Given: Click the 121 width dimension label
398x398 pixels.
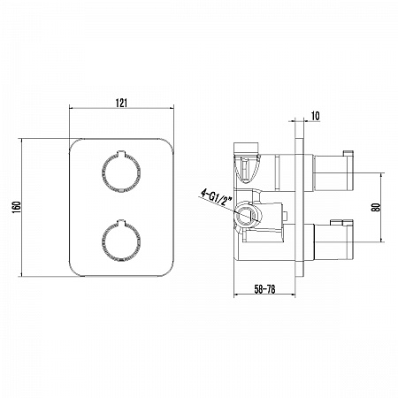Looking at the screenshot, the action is point(121,103).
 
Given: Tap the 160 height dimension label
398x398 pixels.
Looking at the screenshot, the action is point(16,207).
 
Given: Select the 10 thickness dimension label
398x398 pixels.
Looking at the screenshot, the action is point(315,116).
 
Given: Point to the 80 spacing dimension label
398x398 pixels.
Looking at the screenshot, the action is point(377,207).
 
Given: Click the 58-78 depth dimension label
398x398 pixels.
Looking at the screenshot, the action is point(264,289).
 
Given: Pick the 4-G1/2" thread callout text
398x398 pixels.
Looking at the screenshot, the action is point(217,198).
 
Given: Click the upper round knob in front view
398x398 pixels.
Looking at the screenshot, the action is point(121,172).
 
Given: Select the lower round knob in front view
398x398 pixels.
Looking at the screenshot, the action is point(121,241).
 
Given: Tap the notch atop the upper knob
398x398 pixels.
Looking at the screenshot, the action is point(121,153).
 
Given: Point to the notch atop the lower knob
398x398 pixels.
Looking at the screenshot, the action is point(121,222).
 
